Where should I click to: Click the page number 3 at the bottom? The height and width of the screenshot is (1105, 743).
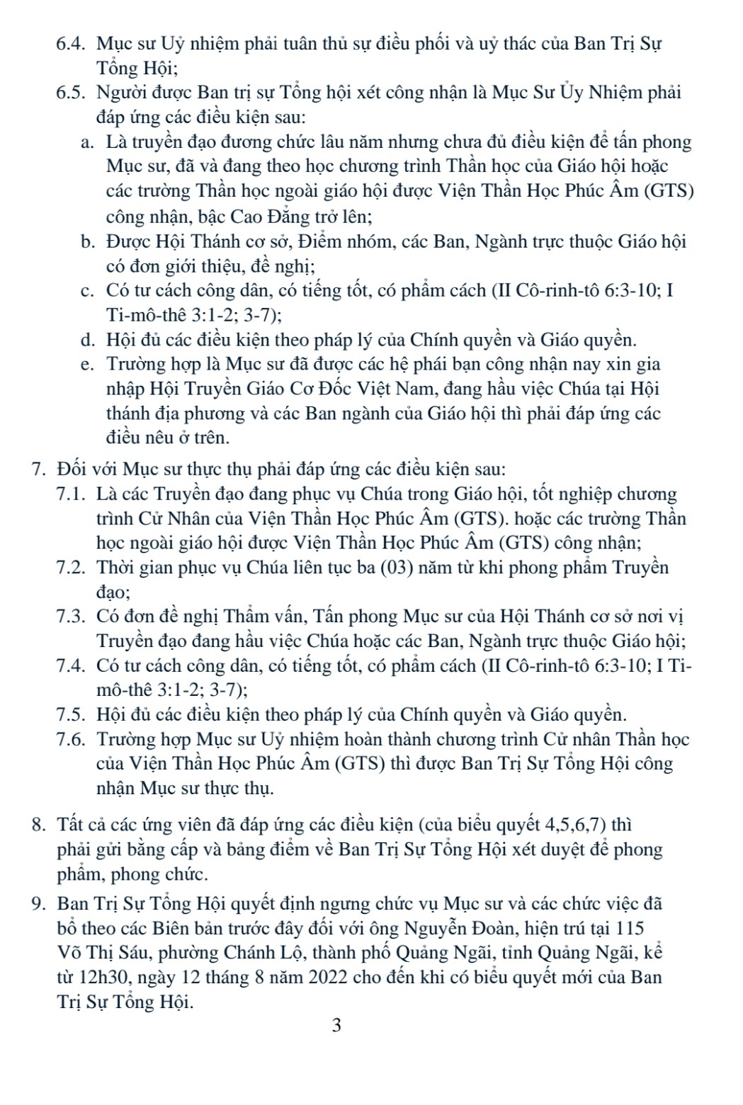(x=336, y=1025)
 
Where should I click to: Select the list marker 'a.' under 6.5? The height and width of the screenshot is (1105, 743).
(x=88, y=142)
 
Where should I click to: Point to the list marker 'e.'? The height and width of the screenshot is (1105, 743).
(x=88, y=365)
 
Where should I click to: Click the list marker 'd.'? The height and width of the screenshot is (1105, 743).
(x=88, y=340)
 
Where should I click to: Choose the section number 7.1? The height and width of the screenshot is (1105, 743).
(x=71, y=494)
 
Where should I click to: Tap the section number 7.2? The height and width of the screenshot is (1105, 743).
(x=71, y=568)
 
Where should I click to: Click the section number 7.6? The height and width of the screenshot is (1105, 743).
(x=71, y=740)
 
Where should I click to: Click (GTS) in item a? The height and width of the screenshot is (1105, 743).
(x=669, y=191)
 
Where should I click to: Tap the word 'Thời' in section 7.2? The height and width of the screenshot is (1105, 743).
(x=116, y=568)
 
